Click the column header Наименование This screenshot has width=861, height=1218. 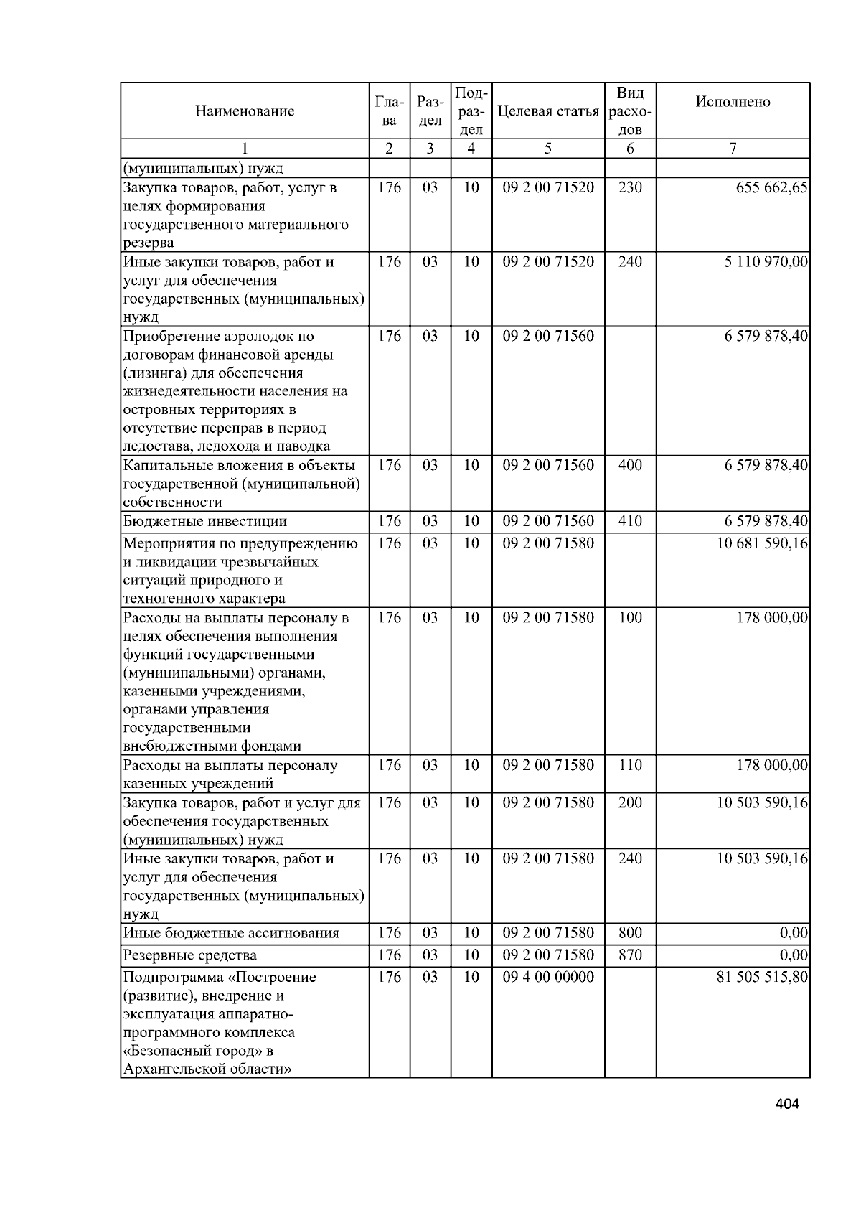(244, 111)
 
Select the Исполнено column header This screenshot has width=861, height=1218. (733, 102)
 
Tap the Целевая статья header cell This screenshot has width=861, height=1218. (547, 111)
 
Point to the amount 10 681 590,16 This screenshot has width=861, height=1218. (762, 543)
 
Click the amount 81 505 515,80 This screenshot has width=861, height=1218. (762, 978)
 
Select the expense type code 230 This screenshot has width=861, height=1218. (630, 188)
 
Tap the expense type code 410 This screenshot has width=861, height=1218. (630, 522)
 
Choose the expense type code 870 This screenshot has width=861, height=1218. (630, 955)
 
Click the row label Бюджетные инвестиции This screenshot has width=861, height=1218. (205, 522)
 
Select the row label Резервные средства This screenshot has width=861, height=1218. (189, 955)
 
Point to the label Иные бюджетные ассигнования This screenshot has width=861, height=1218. (231, 934)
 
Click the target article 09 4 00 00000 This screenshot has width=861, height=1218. (548, 978)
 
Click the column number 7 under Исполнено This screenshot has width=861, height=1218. (733, 149)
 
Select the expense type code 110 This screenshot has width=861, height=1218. (630, 766)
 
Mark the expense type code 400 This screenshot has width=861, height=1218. (630, 465)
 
